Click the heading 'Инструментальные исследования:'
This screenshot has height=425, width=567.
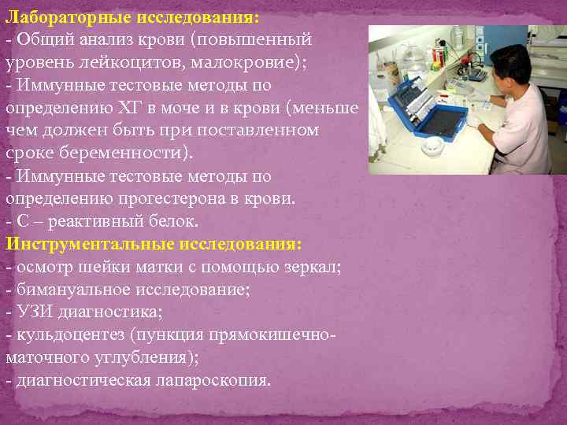click(154, 244)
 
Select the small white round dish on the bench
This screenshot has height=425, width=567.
click(433, 146)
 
